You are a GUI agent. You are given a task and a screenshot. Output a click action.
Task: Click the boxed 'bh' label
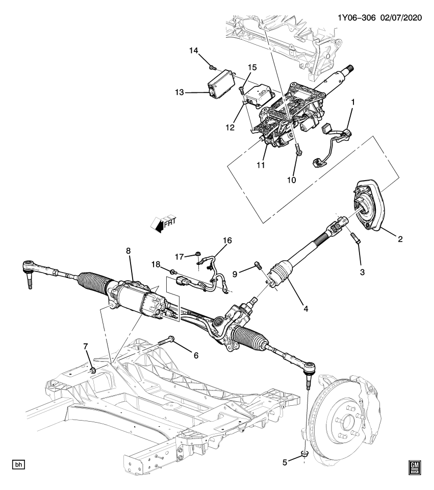tap(18, 465)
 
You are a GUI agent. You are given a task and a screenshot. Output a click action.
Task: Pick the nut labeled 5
tap(304, 454)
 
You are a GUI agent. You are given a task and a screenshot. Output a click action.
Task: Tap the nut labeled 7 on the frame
tap(93, 369)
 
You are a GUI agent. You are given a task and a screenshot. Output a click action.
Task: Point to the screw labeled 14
tap(213, 67)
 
